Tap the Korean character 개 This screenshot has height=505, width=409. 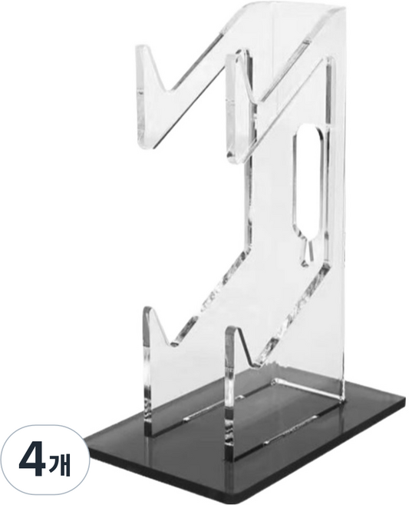60,464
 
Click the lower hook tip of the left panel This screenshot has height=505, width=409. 147,310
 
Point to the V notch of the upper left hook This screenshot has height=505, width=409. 164,91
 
